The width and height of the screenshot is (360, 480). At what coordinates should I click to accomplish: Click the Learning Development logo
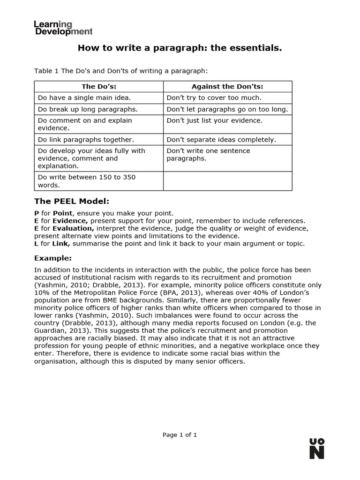coord(63,28)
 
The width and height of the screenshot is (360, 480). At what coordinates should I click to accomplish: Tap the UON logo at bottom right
coord(317,449)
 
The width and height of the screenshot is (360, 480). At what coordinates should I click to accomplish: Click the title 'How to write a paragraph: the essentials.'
coord(180,48)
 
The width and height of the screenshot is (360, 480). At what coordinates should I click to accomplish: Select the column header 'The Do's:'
coord(99,87)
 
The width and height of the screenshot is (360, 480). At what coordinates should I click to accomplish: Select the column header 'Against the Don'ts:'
coord(227,87)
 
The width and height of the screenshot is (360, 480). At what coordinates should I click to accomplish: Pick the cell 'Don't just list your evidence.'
coord(215,120)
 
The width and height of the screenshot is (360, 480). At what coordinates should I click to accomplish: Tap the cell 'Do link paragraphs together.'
coord(86,140)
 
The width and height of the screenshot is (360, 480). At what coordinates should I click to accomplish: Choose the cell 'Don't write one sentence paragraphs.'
coord(209,155)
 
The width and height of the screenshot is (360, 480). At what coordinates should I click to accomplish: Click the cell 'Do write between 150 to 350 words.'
coord(87,181)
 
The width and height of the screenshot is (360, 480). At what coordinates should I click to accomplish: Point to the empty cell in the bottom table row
coord(227,181)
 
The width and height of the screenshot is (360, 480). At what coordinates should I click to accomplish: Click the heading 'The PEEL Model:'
coord(72,202)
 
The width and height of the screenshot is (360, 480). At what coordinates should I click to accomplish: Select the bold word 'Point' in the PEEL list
coord(62,213)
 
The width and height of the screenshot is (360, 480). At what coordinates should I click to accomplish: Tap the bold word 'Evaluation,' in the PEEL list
coord(73,228)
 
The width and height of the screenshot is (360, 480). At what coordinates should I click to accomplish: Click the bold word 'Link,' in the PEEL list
coord(61,243)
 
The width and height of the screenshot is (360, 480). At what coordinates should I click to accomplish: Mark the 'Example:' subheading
coord(53,258)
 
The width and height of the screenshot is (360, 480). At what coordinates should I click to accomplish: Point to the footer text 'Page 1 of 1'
coord(180,435)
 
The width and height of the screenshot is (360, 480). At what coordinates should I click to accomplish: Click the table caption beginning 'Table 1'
coord(120,71)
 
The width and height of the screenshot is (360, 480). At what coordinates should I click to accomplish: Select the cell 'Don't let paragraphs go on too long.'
coord(227,109)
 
